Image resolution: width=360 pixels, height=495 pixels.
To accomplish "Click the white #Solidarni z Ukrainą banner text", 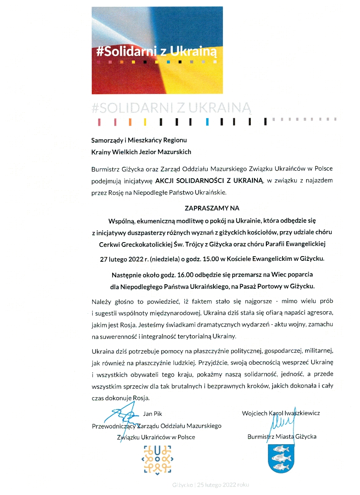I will click(156, 52).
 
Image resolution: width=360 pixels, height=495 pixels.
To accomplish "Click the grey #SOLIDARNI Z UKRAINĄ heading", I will click(172, 108).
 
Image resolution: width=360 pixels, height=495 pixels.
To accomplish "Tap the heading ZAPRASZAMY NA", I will click(212, 208).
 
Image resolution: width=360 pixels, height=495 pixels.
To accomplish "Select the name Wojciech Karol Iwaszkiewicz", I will click(281, 413).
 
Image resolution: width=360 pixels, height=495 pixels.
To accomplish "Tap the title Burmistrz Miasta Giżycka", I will click(282, 437).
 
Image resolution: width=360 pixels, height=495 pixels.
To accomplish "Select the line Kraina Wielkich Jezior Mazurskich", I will click(141, 152).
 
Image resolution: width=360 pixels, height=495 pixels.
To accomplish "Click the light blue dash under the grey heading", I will click(207, 122).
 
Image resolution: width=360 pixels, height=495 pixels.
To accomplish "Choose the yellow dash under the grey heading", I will click(145, 122).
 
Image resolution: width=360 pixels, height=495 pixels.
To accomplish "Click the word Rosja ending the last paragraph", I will click(141, 398).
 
